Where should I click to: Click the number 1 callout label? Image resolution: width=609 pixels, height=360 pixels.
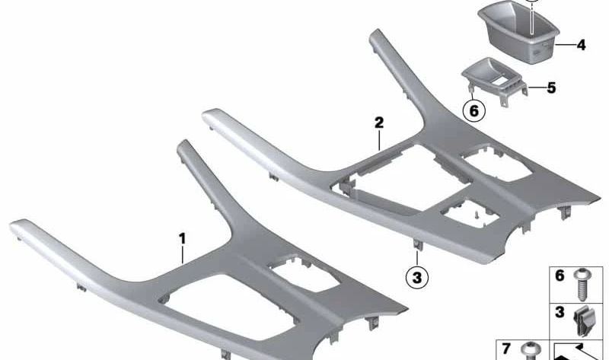(x=182, y=239)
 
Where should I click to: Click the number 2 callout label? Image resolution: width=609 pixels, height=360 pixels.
(x=379, y=123)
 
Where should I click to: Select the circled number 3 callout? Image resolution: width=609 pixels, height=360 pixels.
(x=417, y=277)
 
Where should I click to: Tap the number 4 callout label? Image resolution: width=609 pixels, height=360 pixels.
(x=581, y=45)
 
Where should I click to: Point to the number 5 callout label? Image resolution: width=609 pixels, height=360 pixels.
(x=551, y=88)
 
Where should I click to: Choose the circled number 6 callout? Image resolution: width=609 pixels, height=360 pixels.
(x=474, y=110)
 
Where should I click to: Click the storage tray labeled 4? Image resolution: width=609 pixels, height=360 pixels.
(x=518, y=32)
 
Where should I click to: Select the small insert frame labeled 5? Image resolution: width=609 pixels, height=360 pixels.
(x=494, y=81)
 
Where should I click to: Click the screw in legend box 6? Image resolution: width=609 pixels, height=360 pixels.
(x=582, y=285)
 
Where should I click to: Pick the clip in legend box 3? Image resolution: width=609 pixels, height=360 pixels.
(x=582, y=320)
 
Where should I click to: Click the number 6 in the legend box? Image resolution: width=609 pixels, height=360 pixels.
(x=560, y=276)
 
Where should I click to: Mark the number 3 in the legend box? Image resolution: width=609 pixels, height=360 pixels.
(x=560, y=312)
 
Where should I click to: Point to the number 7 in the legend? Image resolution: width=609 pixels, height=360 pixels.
(x=505, y=349)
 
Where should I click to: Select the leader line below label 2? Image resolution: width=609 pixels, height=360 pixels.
(x=379, y=140)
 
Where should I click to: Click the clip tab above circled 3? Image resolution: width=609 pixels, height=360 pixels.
(x=417, y=244)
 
